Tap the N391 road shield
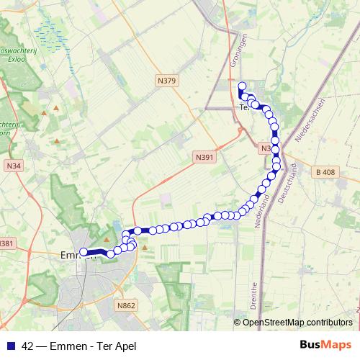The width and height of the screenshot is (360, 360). (205, 156)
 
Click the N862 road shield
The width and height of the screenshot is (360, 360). (125, 307)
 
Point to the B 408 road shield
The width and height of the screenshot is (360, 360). (325, 172)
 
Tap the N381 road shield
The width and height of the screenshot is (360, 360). (6, 243)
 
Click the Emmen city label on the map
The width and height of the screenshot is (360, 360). (72, 255)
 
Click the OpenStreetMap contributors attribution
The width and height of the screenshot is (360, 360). (297, 322)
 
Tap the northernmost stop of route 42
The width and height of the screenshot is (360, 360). (243, 86)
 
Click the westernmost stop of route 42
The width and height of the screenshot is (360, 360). (84, 251)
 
